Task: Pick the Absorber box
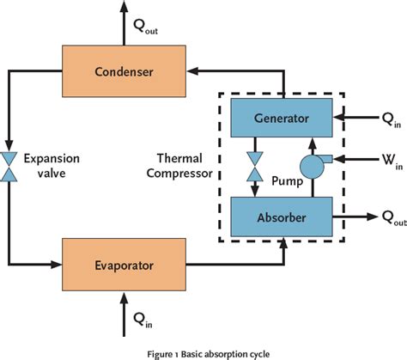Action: click(x=285, y=194)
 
